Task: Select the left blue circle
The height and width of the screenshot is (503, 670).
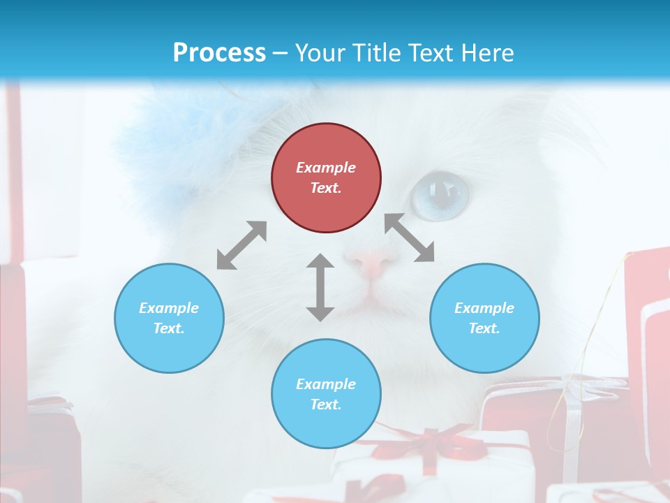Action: pos(169,318)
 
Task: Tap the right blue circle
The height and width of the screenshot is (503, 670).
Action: pos(484,318)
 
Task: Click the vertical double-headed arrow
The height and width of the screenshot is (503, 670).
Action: pos(320,287)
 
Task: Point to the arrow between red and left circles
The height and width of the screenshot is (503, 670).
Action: pos(241,245)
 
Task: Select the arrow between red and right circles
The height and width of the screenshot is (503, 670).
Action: pos(410,238)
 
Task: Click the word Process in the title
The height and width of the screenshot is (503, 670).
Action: pos(219,52)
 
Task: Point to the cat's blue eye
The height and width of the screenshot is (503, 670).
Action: pos(439,194)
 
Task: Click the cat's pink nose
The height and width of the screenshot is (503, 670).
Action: pos(375,264)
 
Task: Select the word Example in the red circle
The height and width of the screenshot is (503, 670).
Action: pos(326,168)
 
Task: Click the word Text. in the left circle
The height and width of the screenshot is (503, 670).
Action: pos(169,328)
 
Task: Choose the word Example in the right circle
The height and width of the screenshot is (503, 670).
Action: pos(484,308)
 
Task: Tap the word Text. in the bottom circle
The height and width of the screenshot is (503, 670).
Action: pos(326,404)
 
